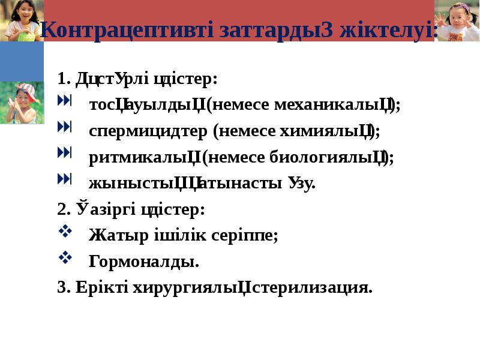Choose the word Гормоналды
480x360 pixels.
(x=143, y=262)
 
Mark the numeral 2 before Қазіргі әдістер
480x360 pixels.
(x=61, y=209)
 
